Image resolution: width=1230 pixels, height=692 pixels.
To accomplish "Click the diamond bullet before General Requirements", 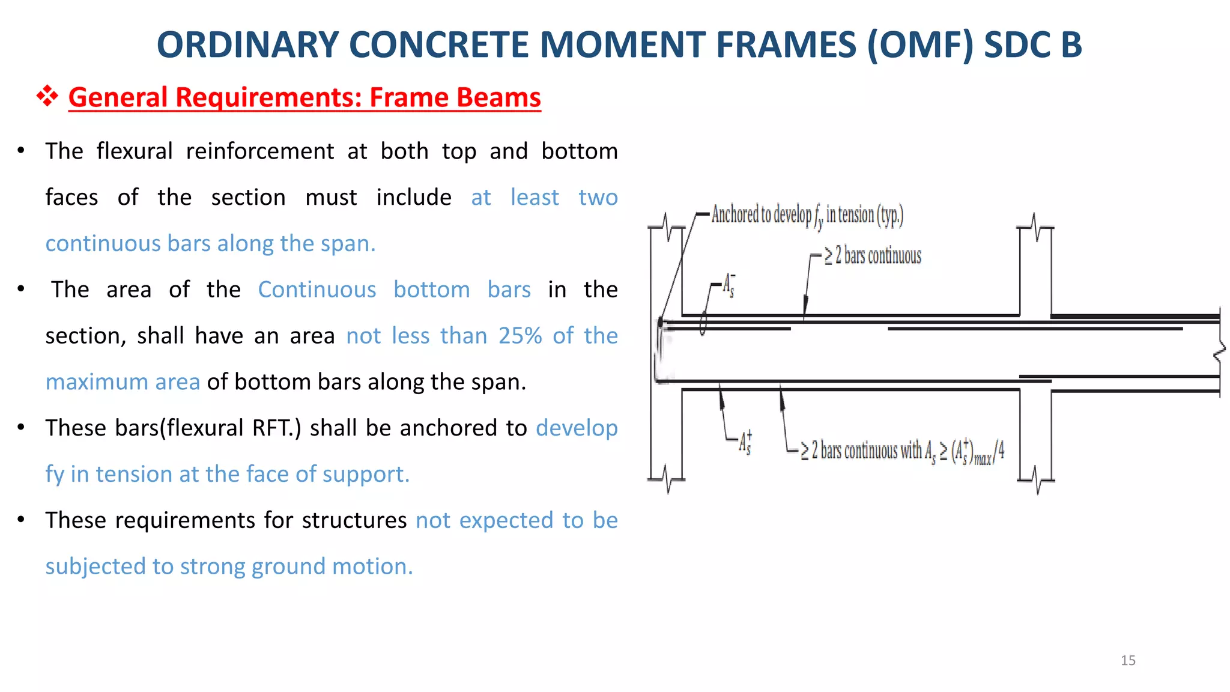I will point(47,96).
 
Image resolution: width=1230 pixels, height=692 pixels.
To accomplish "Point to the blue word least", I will point(535,198).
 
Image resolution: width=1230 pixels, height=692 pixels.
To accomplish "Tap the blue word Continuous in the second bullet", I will point(317,290).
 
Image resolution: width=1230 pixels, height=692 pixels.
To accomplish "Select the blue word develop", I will point(577,428).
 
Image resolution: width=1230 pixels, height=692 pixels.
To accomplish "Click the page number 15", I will point(1128,661).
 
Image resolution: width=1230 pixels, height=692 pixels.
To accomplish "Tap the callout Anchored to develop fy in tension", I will point(807,215).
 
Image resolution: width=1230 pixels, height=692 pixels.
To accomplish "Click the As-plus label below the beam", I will point(745,443).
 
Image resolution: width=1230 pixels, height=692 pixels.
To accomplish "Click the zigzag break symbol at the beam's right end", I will point(1219,353).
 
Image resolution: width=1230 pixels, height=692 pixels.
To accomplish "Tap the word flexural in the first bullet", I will point(135,151).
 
